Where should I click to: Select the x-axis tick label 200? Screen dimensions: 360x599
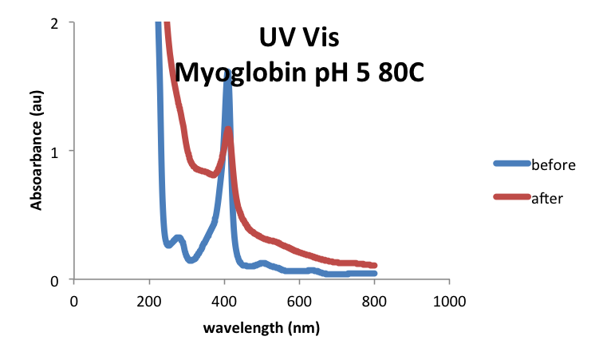click(x=149, y=301)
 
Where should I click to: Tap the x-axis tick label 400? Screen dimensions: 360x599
click(x=224, y=301)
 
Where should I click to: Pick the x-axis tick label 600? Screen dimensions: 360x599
click(x=299, y=301)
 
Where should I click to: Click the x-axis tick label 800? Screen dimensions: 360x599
click(x=374, y=301)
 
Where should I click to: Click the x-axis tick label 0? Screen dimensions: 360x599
click(x=74, y=301)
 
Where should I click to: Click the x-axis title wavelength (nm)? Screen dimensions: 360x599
click(x=262, y=328)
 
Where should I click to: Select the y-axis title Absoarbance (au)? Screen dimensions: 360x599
click(x=37, y=152)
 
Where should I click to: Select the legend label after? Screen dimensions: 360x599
click(x=547, y=198)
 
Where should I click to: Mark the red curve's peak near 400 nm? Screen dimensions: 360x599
click(x=229, y=129)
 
